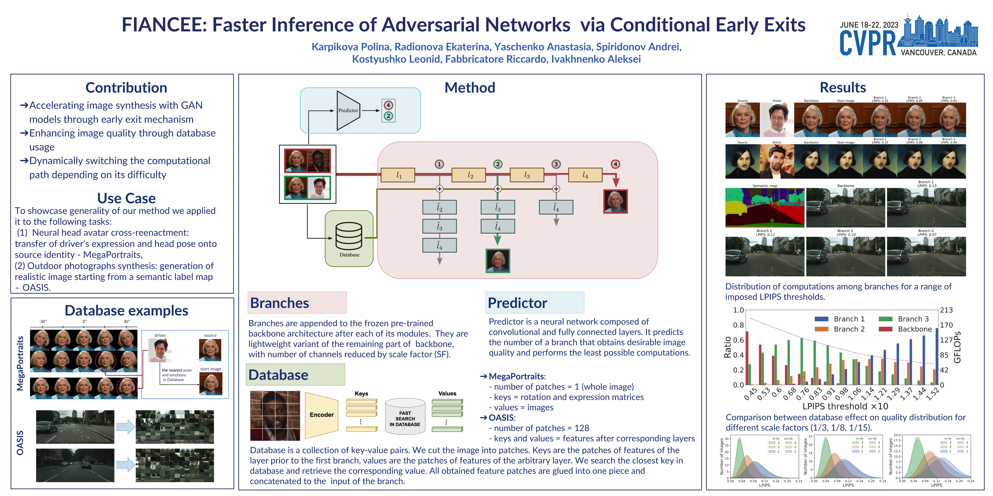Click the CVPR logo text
867,43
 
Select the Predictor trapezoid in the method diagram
348,110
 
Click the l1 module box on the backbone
398,175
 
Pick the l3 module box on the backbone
527,175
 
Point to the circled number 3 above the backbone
556,164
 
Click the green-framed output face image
498,261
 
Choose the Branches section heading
279,303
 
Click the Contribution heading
126,88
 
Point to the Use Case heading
126,198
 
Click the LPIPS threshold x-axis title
845,406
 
